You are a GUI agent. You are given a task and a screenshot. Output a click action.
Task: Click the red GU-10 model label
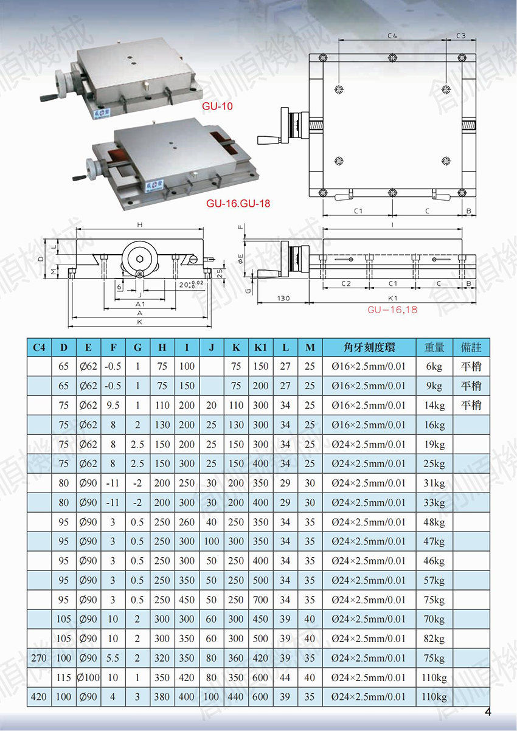coord(217,106)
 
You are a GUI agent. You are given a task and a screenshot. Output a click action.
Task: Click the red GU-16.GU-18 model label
coord(238,204)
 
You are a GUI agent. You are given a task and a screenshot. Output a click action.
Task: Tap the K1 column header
coord(260,347)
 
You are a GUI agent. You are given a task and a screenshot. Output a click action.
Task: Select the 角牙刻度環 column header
coord(369,347)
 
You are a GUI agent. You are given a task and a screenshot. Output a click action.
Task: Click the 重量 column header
coord(434,347)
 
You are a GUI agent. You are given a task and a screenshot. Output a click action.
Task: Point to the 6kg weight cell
coord(434,367)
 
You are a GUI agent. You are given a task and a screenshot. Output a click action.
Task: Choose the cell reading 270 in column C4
coord(39,658)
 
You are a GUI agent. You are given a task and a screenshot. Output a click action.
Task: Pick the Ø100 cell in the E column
coord(88,677)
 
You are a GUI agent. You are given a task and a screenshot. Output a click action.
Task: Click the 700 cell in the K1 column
coord(260,600)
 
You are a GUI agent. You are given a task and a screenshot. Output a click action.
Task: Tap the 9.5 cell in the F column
coord(113,405)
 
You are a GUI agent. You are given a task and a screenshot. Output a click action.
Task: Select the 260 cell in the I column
coord(187,522)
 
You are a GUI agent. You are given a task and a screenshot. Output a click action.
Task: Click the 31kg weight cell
coord(434,483)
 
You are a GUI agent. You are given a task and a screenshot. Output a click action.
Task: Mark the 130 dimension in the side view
coord(283,298)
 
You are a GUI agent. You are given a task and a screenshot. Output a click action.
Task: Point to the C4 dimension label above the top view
coord(392,35)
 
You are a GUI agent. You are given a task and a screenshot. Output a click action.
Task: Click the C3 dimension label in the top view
coord(461,35)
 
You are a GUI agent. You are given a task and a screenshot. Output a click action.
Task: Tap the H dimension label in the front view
coord(140,224)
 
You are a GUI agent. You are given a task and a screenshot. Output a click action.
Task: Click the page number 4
coord(488,712)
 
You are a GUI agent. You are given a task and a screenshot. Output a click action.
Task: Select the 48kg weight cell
coord(434,522)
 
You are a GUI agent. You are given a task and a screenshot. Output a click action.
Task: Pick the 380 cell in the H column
coord(162,697)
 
